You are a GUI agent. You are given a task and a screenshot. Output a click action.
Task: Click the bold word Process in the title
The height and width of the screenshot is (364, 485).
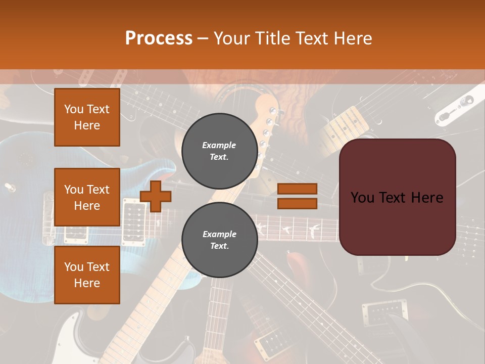coord(159,38)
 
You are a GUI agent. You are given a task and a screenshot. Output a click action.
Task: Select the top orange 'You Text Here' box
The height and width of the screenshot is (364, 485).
coord(87,117)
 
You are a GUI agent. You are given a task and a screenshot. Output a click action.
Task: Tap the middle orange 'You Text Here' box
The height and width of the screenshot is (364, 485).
coord(87,197)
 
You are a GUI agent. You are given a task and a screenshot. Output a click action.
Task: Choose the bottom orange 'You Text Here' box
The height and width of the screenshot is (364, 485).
coord(87,275)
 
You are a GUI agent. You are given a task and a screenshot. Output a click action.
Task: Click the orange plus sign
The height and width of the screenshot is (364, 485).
coord(156,196)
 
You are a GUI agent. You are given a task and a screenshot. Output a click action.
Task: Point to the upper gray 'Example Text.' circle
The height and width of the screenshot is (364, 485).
coord(219,151)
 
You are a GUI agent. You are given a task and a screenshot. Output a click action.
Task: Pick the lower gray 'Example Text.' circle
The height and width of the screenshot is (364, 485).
coord(219,240)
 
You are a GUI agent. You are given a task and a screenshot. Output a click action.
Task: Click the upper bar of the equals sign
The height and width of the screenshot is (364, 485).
coord(297,189)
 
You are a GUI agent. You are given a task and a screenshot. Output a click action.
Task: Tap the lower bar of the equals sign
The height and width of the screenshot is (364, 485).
coord(297,203)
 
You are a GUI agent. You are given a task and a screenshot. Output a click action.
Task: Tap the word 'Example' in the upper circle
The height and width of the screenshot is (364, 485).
coord(219,145)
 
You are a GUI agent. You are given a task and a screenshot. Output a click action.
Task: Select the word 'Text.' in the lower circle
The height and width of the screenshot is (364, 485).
coord(219,246)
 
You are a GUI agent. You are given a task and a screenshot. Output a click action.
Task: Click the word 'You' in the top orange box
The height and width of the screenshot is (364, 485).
coord(74,109)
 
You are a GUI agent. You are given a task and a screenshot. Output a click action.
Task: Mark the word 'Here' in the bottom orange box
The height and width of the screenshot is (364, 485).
coord(87,283)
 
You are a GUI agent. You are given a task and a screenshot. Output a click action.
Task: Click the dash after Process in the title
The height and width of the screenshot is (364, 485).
coord(203,38)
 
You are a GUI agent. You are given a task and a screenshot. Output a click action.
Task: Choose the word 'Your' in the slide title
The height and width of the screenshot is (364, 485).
coord(233,38)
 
